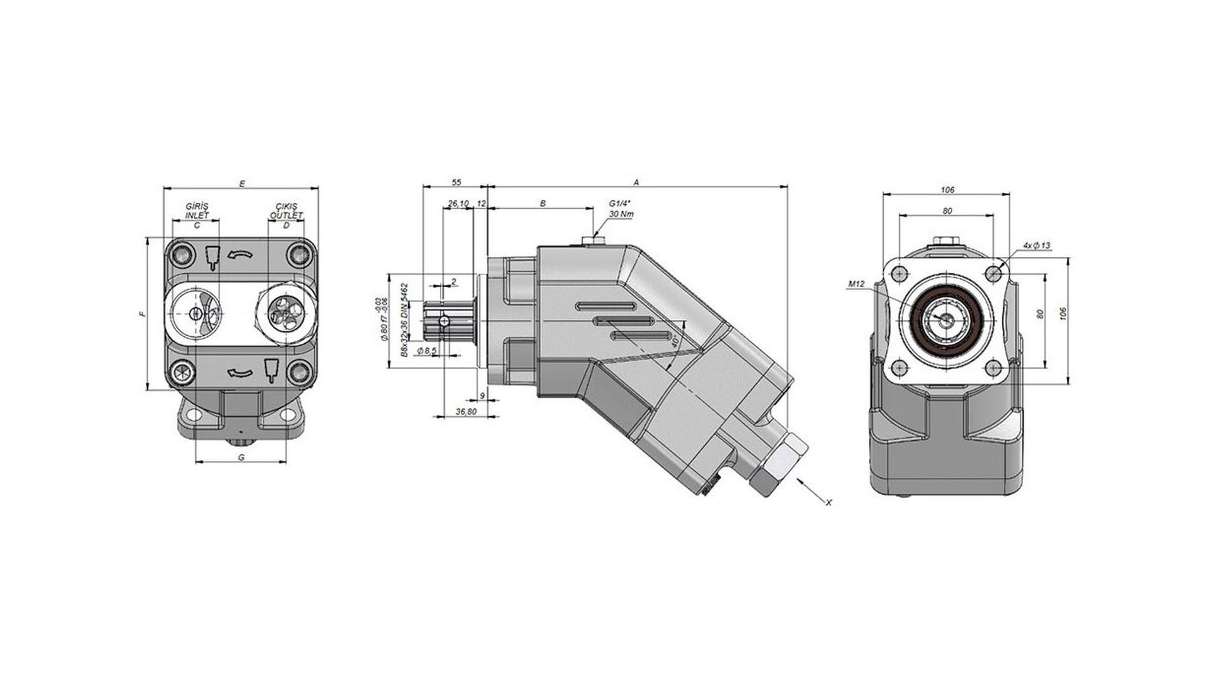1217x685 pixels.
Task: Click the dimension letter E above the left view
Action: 241,183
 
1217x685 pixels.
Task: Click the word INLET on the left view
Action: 196,215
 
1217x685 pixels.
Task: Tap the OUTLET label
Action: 287,215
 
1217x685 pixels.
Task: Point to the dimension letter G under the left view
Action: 241,457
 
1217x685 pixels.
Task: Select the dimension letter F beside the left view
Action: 143,314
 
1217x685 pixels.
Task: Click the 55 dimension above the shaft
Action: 456,182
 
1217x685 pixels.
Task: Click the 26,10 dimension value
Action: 458,203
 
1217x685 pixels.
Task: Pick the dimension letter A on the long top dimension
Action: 636,182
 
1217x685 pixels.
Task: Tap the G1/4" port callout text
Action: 621,203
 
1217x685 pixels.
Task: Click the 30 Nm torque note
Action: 621,214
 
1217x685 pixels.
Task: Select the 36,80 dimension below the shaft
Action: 466,412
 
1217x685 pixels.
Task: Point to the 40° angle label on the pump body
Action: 676,341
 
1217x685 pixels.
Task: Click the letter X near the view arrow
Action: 828,502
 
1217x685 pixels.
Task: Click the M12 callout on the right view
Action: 856,285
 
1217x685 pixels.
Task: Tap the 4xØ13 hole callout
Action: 1036,245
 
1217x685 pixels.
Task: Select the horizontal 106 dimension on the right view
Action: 947,190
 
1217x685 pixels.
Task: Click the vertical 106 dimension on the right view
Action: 1063,313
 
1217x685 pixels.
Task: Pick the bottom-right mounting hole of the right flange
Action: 994,367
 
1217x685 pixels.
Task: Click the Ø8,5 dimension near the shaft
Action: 427,350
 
